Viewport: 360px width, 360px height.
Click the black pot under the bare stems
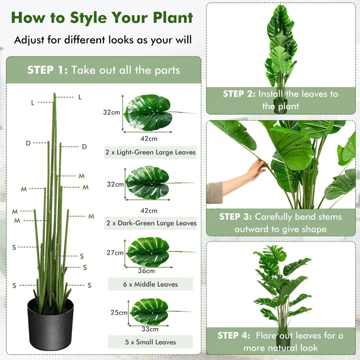point(50,324)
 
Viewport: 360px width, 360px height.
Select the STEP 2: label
point(239,94)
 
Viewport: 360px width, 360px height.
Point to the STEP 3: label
point(235,217)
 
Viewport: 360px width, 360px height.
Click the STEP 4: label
point(234,335)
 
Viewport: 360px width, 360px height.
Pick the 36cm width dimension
point(146,271)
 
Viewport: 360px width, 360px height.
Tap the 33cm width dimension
point(150,329)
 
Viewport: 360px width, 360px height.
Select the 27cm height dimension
point(115,253)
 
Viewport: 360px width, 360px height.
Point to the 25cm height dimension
point(119,313)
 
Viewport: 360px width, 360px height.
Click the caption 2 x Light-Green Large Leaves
point(150,152)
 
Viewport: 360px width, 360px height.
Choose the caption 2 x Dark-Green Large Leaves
point(151,223)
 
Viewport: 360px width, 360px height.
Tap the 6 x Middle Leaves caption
point(150,284)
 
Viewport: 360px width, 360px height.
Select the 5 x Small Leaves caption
point(150,342)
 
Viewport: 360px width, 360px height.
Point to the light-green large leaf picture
point(148,112)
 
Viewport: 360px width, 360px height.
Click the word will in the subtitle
point(184,40)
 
